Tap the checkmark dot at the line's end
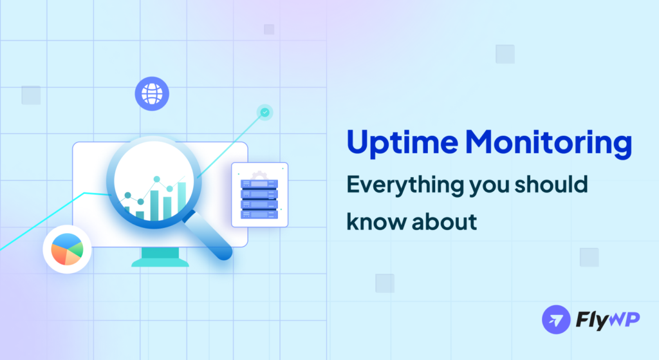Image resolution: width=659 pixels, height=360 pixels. [265, 113]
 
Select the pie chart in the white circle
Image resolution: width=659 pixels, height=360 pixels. [67, 249]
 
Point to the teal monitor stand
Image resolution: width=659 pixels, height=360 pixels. [160, 257]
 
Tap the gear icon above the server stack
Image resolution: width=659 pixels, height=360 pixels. [259, 175]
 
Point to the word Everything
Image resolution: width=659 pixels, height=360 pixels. [402, 185]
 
